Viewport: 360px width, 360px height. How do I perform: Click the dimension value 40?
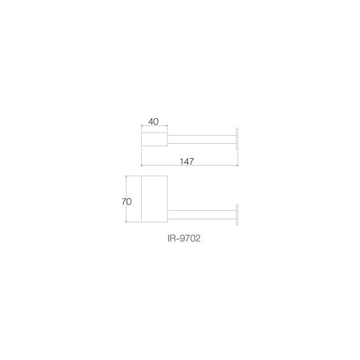(153, 121)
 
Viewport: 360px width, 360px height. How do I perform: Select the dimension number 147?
(187, 161)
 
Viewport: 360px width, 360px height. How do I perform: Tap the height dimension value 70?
(126, 202)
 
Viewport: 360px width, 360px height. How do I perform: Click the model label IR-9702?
(184, 238)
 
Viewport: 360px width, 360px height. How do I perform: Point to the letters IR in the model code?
(172, 238)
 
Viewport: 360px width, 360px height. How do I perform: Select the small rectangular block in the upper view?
(154, 139)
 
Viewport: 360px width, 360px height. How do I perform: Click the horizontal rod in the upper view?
(202, 139)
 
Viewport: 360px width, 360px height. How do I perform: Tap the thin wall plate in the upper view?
(237, 139)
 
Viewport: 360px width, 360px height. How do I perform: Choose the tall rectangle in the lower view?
(154, 199)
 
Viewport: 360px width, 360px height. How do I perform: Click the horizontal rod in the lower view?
(202, 215)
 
